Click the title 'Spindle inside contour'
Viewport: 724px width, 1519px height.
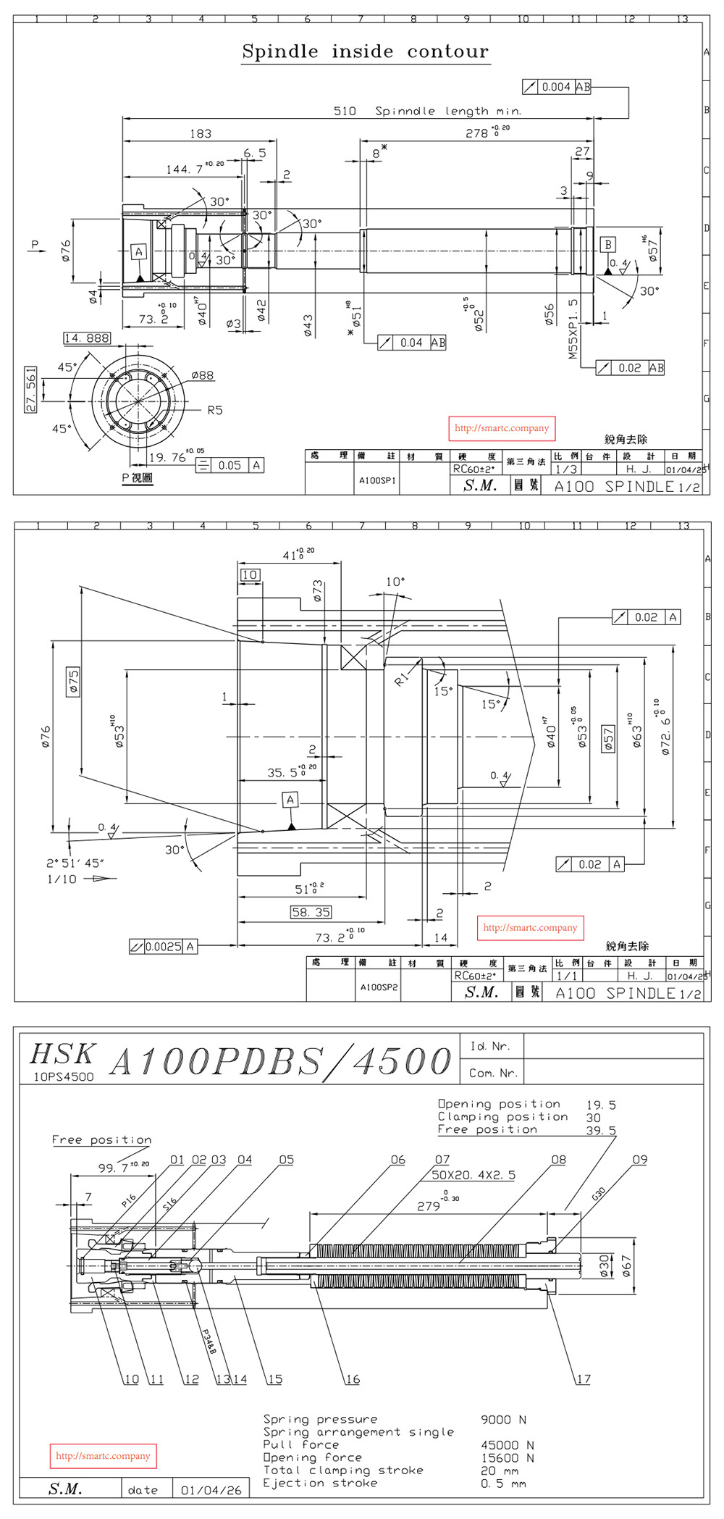point(366,51)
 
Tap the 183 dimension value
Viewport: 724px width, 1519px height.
point(201,133)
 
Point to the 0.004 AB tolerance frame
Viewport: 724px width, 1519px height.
point(556,87)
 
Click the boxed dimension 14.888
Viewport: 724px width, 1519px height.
point(87,338)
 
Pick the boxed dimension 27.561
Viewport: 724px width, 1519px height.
point(30,390)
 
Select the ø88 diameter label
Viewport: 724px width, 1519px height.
point(202,375)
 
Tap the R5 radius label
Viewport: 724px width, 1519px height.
point(215,411)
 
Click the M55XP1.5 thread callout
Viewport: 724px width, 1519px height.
point(573,330)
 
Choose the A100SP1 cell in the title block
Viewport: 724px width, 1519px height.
point(377,480)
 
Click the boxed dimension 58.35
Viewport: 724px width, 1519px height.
point(311,913)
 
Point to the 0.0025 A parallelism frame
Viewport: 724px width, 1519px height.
point(163,946)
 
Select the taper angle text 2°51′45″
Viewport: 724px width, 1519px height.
point(75,863)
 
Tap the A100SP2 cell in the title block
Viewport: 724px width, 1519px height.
point(378,987)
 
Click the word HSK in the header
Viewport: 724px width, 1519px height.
point(62,1053)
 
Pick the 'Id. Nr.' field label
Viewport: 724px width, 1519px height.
point(490,1046)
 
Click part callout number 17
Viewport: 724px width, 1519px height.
point(583,1379)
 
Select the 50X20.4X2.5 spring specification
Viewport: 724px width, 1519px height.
point(473,1175)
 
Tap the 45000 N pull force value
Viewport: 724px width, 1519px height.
point(507,1445)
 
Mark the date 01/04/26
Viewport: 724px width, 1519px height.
point(211,1490)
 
